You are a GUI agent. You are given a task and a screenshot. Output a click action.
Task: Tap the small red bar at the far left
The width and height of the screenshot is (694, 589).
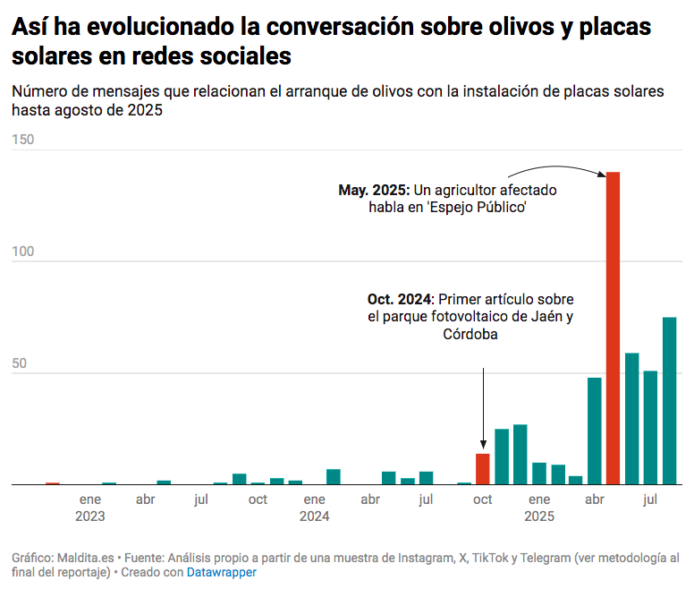tap(53, 483)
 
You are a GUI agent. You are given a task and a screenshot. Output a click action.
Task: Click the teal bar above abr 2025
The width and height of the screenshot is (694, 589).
tap(595, 431)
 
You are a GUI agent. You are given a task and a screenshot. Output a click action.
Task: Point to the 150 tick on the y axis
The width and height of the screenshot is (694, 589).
tap(23, 140)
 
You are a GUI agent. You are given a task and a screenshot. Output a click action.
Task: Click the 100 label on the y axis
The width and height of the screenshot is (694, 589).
tap(23, 252)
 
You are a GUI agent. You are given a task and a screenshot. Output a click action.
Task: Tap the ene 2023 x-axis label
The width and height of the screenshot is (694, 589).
tap(90, 508)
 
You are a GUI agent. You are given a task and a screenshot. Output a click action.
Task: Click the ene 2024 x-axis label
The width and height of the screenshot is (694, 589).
tap(315, 508)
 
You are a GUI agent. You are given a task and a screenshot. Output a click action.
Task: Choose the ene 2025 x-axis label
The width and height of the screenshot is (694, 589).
tap(539, 508)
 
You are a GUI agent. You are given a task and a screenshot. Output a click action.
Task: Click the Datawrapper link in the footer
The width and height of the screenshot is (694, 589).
tap(222, 571)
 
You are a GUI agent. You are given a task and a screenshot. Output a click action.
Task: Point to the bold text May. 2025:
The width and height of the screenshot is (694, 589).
tap(374, 190)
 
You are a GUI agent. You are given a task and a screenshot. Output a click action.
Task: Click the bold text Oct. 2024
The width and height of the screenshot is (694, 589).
tap(399, 299)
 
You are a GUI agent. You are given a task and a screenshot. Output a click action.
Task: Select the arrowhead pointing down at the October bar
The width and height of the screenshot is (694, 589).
tap(483, 445)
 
